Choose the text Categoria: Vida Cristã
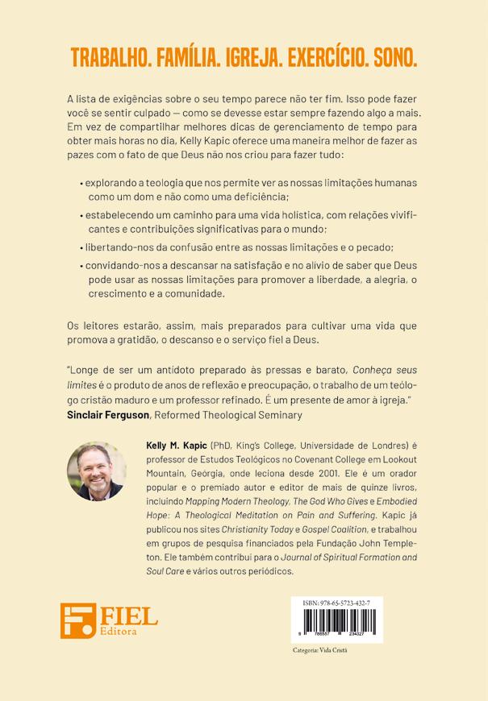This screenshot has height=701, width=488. point(319,650)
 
